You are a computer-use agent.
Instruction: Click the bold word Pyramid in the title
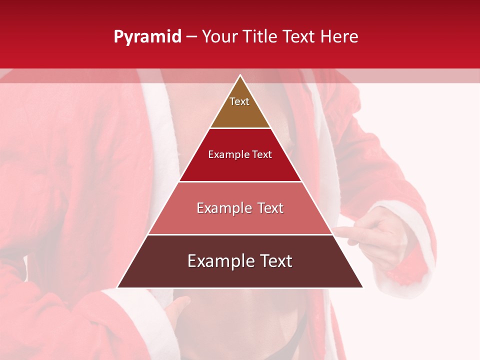147,37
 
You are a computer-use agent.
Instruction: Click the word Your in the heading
220,37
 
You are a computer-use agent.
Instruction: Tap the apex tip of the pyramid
240,76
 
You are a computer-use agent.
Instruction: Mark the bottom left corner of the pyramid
118,287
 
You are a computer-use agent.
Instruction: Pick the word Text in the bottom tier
274,261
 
